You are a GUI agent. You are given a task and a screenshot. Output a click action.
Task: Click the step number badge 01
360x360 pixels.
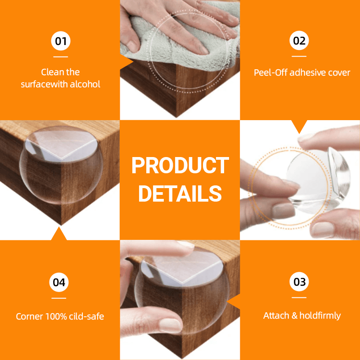60,41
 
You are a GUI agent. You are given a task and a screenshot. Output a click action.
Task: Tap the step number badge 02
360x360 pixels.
299,41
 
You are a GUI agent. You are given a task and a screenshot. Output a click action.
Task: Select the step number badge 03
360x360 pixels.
299,282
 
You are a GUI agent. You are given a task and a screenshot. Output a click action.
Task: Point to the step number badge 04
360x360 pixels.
59,282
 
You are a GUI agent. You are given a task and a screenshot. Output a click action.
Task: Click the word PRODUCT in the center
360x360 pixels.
180,166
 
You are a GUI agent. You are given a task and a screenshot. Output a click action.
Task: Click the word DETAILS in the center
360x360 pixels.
180,193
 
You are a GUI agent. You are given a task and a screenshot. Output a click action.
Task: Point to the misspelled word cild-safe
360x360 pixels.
86,317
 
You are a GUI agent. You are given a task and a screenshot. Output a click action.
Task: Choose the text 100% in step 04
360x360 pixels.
56,317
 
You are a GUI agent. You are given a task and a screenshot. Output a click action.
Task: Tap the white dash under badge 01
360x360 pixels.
60,57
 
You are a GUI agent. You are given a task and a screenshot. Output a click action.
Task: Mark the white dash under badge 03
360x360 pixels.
299,297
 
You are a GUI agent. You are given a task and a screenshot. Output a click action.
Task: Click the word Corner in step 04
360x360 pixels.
29,317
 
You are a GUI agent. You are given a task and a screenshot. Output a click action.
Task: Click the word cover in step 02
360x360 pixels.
339,72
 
